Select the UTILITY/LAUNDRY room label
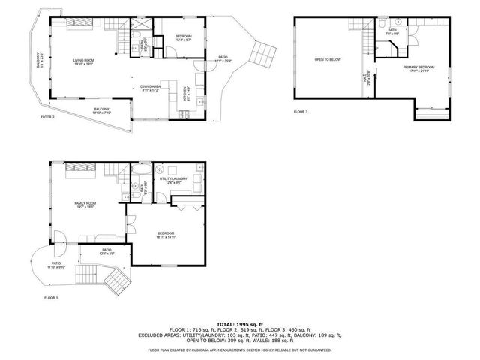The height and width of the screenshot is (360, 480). click(173, 179)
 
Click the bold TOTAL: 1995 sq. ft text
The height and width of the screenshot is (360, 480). click(239, 322)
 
